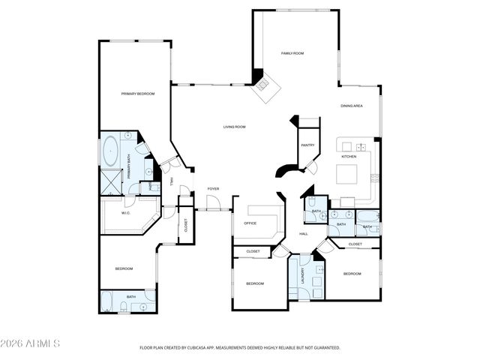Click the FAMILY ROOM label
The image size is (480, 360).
(292, 53)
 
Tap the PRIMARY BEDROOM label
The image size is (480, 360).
(138, 94)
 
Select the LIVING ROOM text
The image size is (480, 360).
(234, 127)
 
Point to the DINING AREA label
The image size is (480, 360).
(352, 106)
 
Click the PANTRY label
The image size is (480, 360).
(307, 145)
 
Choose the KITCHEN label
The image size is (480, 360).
(349, 157)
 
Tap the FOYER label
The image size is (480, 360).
(213, 188)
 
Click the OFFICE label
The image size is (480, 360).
(250, 223)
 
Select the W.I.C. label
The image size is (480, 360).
(116, 213)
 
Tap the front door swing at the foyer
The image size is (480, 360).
(213, 201)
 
